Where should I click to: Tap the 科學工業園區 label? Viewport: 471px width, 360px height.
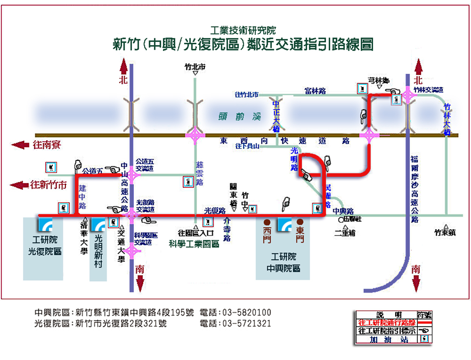[x=194, y=243]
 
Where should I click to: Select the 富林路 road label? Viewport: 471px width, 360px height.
[x=315, y=90]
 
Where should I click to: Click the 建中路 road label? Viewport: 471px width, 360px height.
[x=83, y=196]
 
